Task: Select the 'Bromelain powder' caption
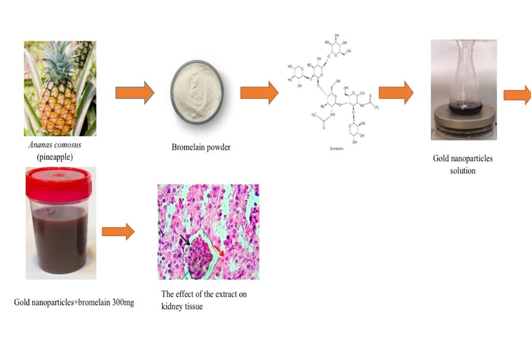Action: pos(201,147)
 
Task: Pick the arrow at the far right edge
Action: pos(517,95)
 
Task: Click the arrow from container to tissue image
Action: pos(118,231)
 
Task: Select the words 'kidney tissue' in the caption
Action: pos(182,307)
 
